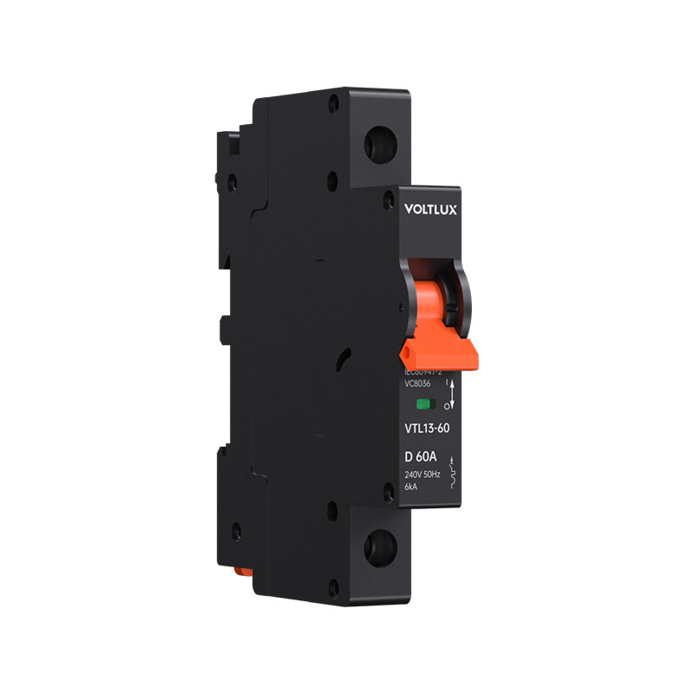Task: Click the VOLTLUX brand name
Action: click(429, 208)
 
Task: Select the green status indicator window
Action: click(426, 403)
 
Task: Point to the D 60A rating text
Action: click(421, 457)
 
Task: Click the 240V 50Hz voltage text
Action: click(422, 475)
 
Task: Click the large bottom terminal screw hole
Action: click(380, 548)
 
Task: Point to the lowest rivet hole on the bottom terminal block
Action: click(333, 591)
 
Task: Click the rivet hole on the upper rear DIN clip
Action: click(232, 182)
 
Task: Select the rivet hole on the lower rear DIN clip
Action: click(232, 526)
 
